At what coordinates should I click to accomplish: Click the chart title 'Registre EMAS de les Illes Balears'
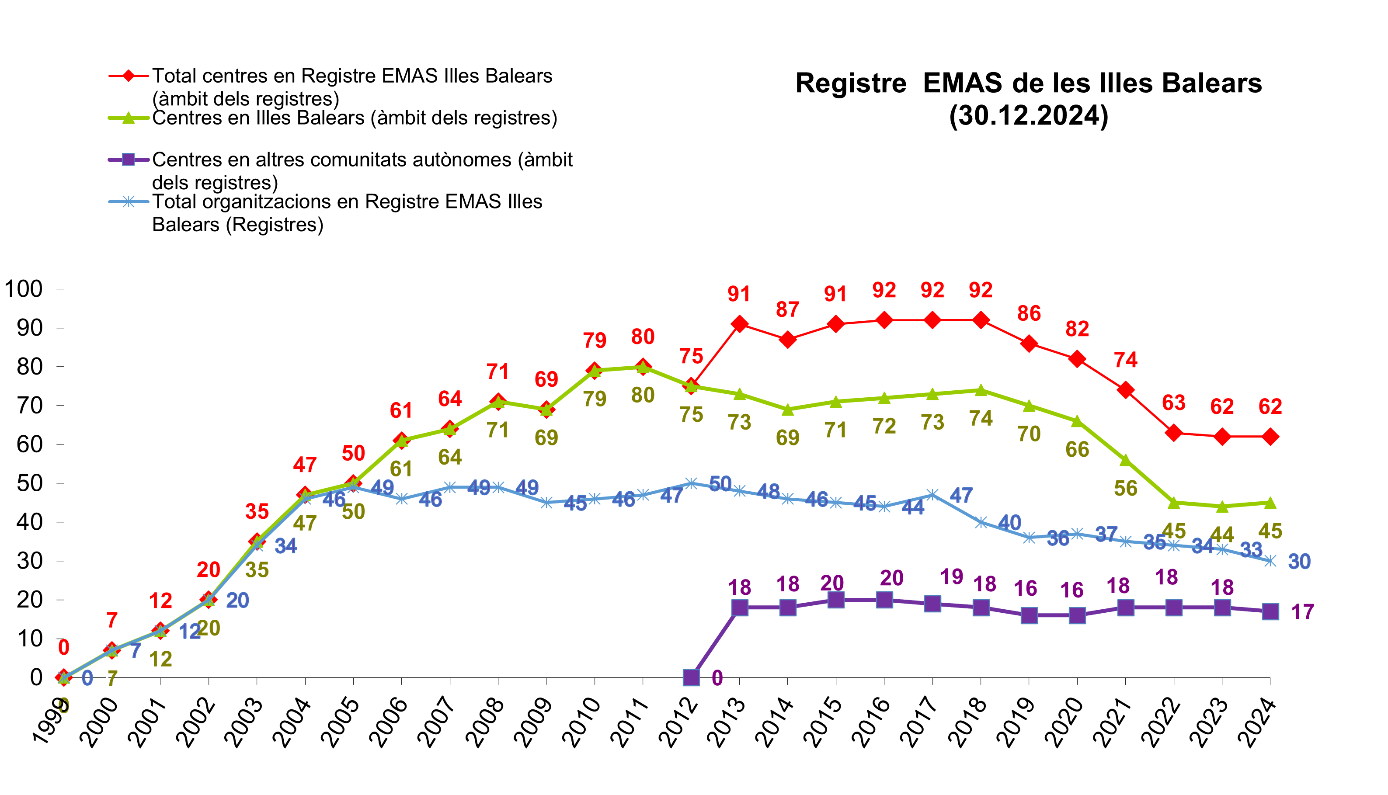1028,83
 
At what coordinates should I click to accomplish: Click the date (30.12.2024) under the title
1028,116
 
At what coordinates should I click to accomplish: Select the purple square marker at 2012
691,677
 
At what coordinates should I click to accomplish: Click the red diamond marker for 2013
739,324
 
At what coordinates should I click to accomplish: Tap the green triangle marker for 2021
1125,460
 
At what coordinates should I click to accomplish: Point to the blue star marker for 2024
1270,561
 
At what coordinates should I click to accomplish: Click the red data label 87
787,309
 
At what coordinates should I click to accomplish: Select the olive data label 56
1125,488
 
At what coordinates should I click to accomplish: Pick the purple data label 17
1302,612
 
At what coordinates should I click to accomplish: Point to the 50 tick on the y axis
29,483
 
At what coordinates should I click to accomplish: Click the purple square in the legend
129,160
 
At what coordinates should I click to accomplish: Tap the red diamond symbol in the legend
129,75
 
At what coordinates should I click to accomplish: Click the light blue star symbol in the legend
129,201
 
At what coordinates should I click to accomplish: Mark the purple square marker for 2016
884,600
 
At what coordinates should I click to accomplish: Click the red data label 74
1125,360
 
